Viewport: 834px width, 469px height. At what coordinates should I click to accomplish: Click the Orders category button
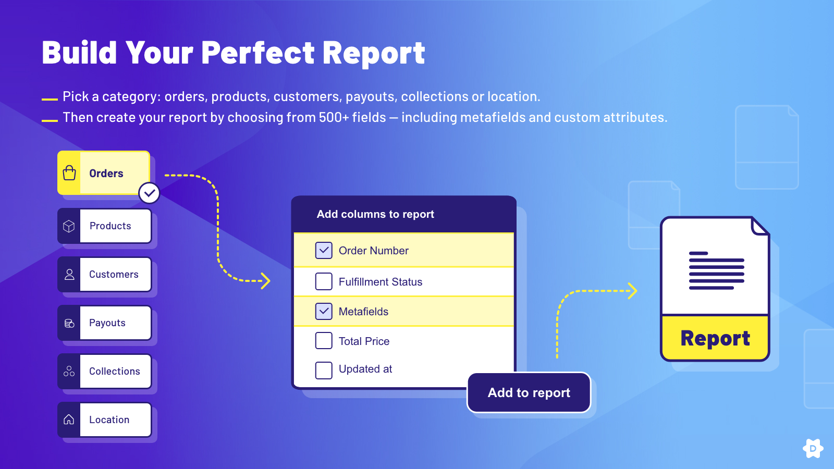(104, 172)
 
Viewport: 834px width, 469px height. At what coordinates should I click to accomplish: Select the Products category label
(110, 226)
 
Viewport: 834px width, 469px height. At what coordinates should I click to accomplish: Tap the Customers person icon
(69, 275)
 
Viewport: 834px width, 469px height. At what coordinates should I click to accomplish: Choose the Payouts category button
(105, 323)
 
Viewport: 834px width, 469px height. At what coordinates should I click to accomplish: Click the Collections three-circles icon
(69, 371)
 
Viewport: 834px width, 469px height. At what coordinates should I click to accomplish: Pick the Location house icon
(69, 419)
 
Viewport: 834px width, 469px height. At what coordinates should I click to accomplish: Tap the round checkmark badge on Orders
(149, 193)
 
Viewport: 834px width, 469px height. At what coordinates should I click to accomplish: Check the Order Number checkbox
(324, 251)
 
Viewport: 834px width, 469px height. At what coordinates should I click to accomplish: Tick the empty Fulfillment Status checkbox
(324, 281)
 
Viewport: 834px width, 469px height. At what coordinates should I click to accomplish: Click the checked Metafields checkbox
(324, 311)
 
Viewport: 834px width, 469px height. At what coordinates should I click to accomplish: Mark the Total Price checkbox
(324, 341)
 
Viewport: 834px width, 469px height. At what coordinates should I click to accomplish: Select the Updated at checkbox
(324, 371)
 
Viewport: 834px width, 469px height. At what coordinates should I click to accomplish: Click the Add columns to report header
(375, 214)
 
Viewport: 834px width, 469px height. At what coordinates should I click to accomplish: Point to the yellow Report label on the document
(715, 338)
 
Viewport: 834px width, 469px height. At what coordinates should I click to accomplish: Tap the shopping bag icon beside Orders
(69, 172)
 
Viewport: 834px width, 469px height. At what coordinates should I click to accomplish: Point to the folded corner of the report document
(760, 226)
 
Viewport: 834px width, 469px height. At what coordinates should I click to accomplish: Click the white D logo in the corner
(813, 449)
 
